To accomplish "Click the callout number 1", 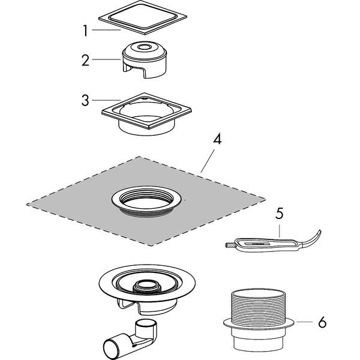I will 86,29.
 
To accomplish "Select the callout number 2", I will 86,60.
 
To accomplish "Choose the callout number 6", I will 322,323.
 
